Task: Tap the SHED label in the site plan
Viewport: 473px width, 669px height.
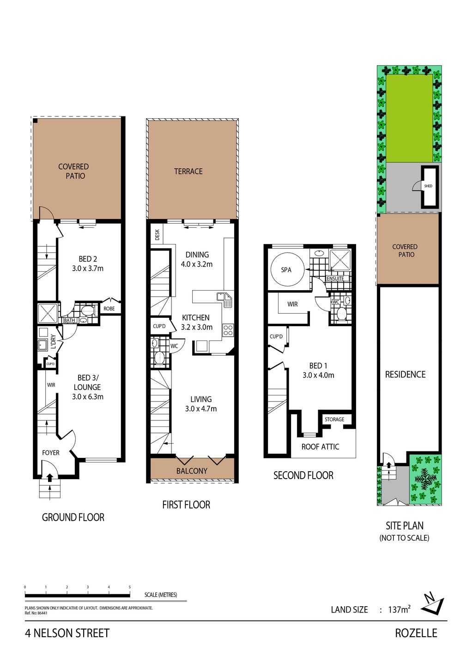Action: click(428, 186)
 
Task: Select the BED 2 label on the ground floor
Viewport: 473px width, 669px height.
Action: click(88, 259)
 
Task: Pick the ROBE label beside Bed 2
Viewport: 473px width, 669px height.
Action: click(109, 309)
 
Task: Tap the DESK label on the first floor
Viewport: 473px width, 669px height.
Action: click(158, 235)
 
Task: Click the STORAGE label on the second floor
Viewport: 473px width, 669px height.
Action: click(334, 420)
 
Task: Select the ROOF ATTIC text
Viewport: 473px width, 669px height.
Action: click(320, 447)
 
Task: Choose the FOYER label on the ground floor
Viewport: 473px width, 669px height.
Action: click(51, 453)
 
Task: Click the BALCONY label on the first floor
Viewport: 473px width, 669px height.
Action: click(192, 471)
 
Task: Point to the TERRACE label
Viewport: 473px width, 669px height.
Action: click(188, 171)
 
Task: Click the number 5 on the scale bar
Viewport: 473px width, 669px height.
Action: click(130, 587)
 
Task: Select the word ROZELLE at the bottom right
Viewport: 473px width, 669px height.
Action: click(416, 633)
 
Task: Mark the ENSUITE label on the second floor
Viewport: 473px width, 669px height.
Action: click(335, 278)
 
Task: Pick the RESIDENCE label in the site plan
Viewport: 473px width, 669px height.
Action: click(405, 375)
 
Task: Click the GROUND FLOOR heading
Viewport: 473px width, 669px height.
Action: click(73, 517)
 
